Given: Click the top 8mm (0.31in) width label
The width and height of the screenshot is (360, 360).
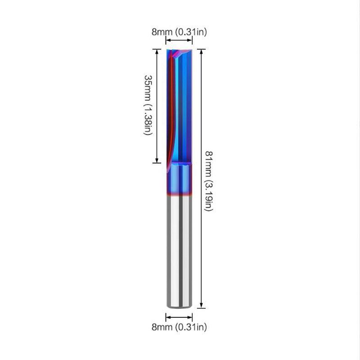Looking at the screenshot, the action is point(179,32).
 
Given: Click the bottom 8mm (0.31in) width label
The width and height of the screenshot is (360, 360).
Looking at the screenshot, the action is point(179,327).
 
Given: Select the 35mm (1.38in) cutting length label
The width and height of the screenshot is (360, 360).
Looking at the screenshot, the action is point(148,105).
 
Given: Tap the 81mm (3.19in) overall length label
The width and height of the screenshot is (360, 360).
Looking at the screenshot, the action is point(209,181).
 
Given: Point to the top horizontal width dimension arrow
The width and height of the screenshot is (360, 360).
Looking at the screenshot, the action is point(179,40).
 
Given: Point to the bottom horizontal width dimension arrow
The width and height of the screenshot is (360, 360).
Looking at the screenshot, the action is point(179,317).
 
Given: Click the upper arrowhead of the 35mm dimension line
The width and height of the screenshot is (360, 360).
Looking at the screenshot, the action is point(157,51).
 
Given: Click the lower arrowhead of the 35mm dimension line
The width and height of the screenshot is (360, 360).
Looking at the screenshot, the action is point(157,161).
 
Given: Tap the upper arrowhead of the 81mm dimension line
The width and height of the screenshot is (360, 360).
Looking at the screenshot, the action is point(201,51).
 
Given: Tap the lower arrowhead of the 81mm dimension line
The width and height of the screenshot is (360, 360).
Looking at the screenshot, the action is point(201,306).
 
